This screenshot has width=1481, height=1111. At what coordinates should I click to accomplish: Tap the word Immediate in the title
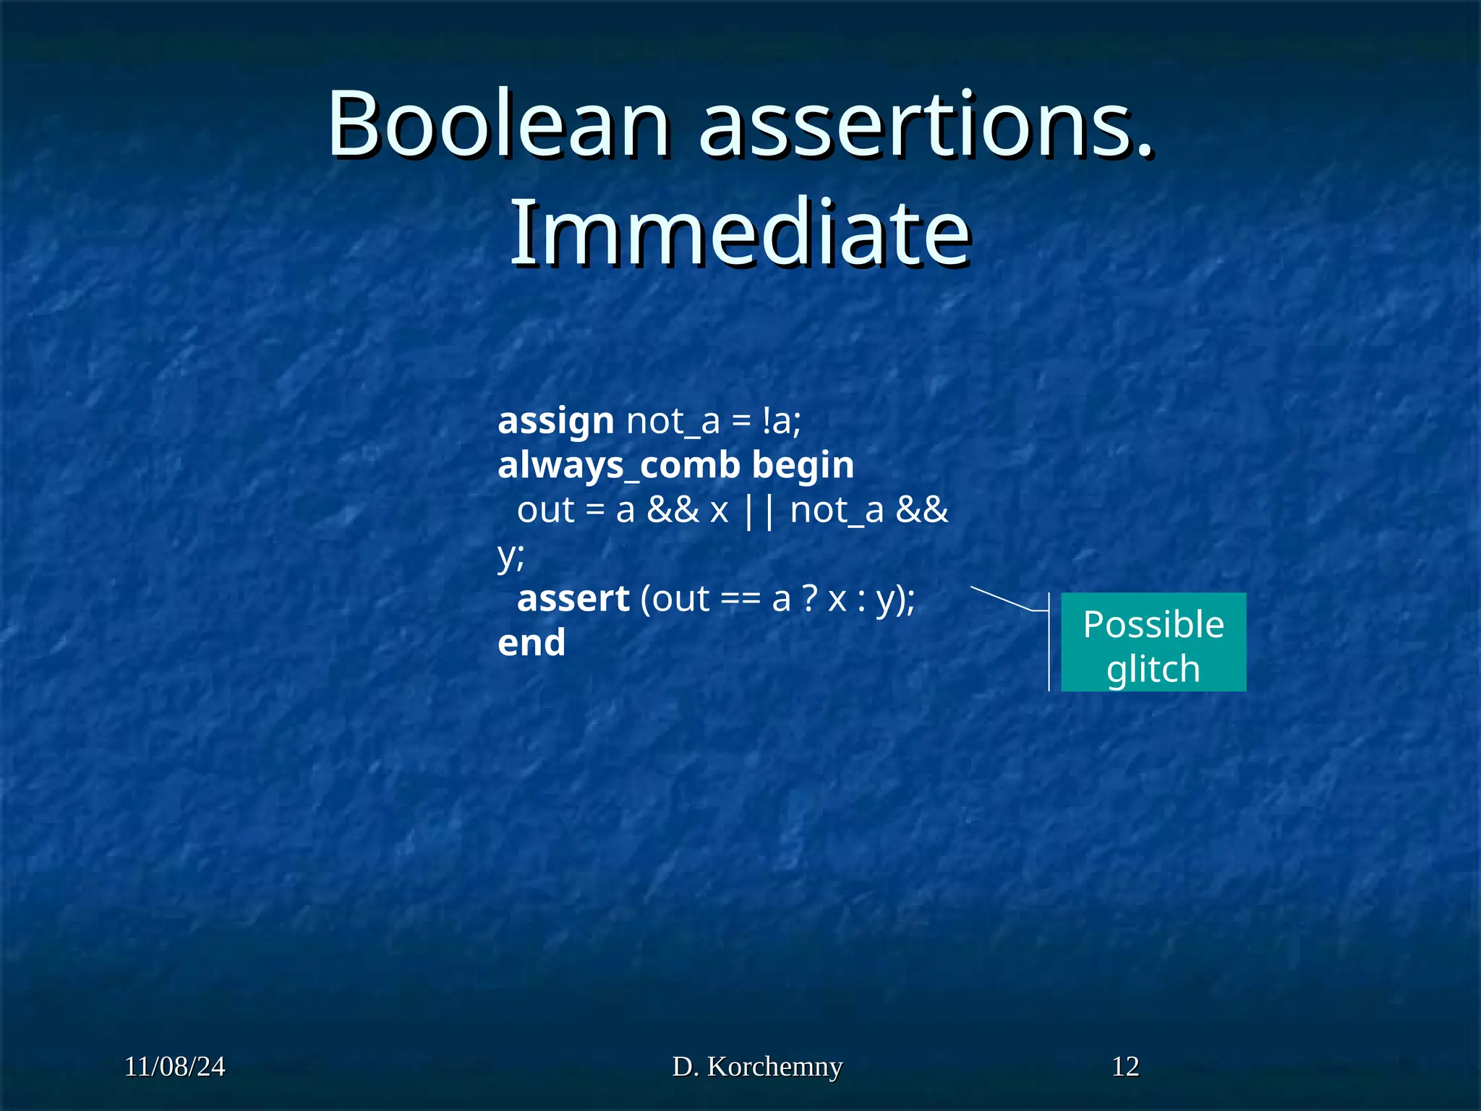tap(740, 234)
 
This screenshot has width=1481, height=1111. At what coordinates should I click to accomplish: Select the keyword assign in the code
tap(555, 421)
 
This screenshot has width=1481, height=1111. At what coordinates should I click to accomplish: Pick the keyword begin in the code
tap(803, 464)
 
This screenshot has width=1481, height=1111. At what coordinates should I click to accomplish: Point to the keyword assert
tap(573, 599)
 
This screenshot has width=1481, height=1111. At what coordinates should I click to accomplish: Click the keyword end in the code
tap(532, 643)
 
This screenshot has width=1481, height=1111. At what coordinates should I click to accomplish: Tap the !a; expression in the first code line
tap(781, 420)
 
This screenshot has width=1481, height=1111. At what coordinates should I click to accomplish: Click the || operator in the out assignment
tap(759, 511)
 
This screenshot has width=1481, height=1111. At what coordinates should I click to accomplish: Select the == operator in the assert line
tap(740, 600)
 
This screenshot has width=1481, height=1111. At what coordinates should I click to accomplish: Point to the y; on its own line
tap(511, 555)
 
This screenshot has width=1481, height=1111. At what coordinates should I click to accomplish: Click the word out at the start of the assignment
tap(545, 511)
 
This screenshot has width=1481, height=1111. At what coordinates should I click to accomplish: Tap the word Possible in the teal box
tap(1153, 624)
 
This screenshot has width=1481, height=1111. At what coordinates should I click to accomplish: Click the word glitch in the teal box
tap(1153, 668)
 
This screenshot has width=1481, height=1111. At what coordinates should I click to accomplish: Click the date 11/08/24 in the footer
tap(174, 1067)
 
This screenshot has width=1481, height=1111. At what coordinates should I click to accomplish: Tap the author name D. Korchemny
tap(757, 1067)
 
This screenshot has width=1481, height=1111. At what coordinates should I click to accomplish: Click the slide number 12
tap(1125, 1067)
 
